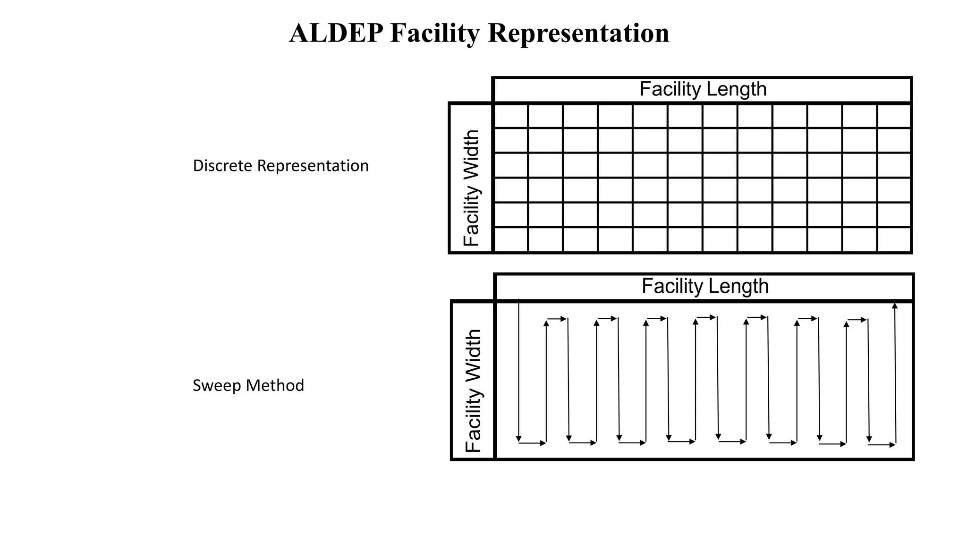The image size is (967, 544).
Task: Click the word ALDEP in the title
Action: [x=336, y=34]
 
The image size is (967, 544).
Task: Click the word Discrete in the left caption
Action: [x=222, y=166]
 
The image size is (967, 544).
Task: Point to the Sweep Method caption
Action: [x=248, y=385]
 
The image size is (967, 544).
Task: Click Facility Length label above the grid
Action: [x=703, y=89]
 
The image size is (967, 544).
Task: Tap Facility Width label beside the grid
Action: [x=471, y=188]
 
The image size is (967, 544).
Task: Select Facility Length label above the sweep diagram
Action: [x=705, y=286]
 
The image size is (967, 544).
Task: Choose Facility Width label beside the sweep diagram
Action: [x=473, y=391]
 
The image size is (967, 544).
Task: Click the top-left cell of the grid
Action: [x=510, y=116]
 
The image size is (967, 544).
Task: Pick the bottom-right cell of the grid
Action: [x=894, y=240]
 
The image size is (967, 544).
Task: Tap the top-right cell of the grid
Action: [x=894, y=116]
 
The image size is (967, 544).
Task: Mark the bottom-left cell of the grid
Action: [x=510, y=240]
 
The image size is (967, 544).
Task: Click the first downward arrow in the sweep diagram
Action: [x=519, y=371]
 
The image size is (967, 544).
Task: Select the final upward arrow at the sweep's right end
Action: [x=895, y=373]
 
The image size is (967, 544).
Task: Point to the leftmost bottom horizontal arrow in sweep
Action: [x=533, y=443]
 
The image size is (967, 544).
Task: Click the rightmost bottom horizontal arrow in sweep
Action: [x=882, y=445]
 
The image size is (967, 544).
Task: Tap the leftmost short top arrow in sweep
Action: [x=557, y=319]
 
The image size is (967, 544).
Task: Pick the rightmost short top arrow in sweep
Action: [x=857, y=320]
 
